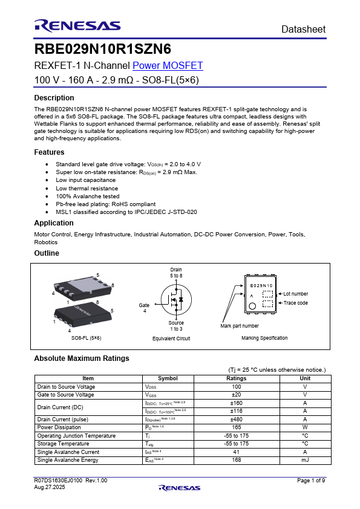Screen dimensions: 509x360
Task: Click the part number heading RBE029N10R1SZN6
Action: point(103,49)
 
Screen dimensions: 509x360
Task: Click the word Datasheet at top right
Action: point(303,29)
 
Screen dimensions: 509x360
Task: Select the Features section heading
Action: point(49,152)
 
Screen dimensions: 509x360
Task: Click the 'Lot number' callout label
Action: point(296,294)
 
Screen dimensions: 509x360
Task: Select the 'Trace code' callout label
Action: point(295,303)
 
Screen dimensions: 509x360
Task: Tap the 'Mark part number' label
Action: point(240,326)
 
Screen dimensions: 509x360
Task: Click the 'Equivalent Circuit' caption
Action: point(171,339)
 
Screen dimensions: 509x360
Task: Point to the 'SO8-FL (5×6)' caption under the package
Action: point(86,338)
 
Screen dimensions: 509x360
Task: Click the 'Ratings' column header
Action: point(236,378)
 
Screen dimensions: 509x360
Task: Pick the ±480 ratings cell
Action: point(236,419)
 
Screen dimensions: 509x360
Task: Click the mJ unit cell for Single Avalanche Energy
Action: point(305,460)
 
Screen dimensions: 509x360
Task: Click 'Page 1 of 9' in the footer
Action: point(311,480)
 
